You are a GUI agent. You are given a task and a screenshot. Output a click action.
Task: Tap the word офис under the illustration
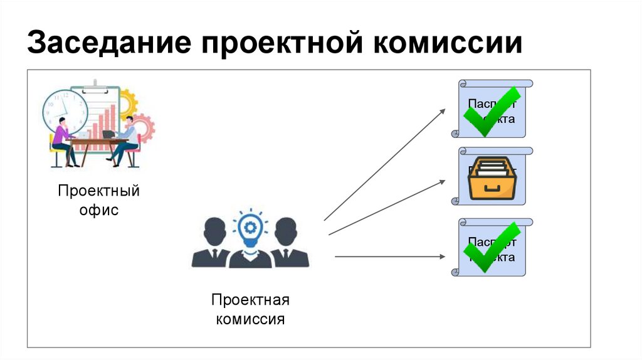point(98,210)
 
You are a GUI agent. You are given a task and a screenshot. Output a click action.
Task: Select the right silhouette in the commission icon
point(287,245)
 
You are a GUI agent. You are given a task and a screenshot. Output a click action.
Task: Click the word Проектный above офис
point(98,191)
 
